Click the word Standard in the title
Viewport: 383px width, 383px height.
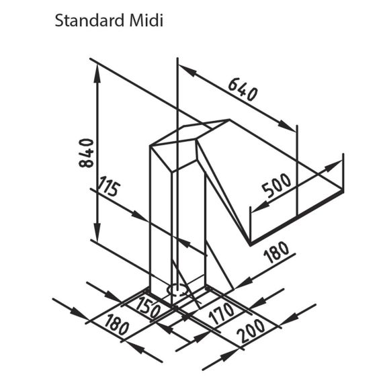pos(89,21)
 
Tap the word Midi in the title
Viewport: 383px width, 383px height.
pos(146,21)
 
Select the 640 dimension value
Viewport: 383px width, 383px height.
pos(243,90)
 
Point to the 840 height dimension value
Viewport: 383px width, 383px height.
pos(86,153)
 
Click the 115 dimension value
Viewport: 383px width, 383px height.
pos(109,186)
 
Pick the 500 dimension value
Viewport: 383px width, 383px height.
pos(277,185)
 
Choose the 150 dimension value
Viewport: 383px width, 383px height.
pos(148,308)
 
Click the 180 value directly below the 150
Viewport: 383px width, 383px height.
pos(116,325)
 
